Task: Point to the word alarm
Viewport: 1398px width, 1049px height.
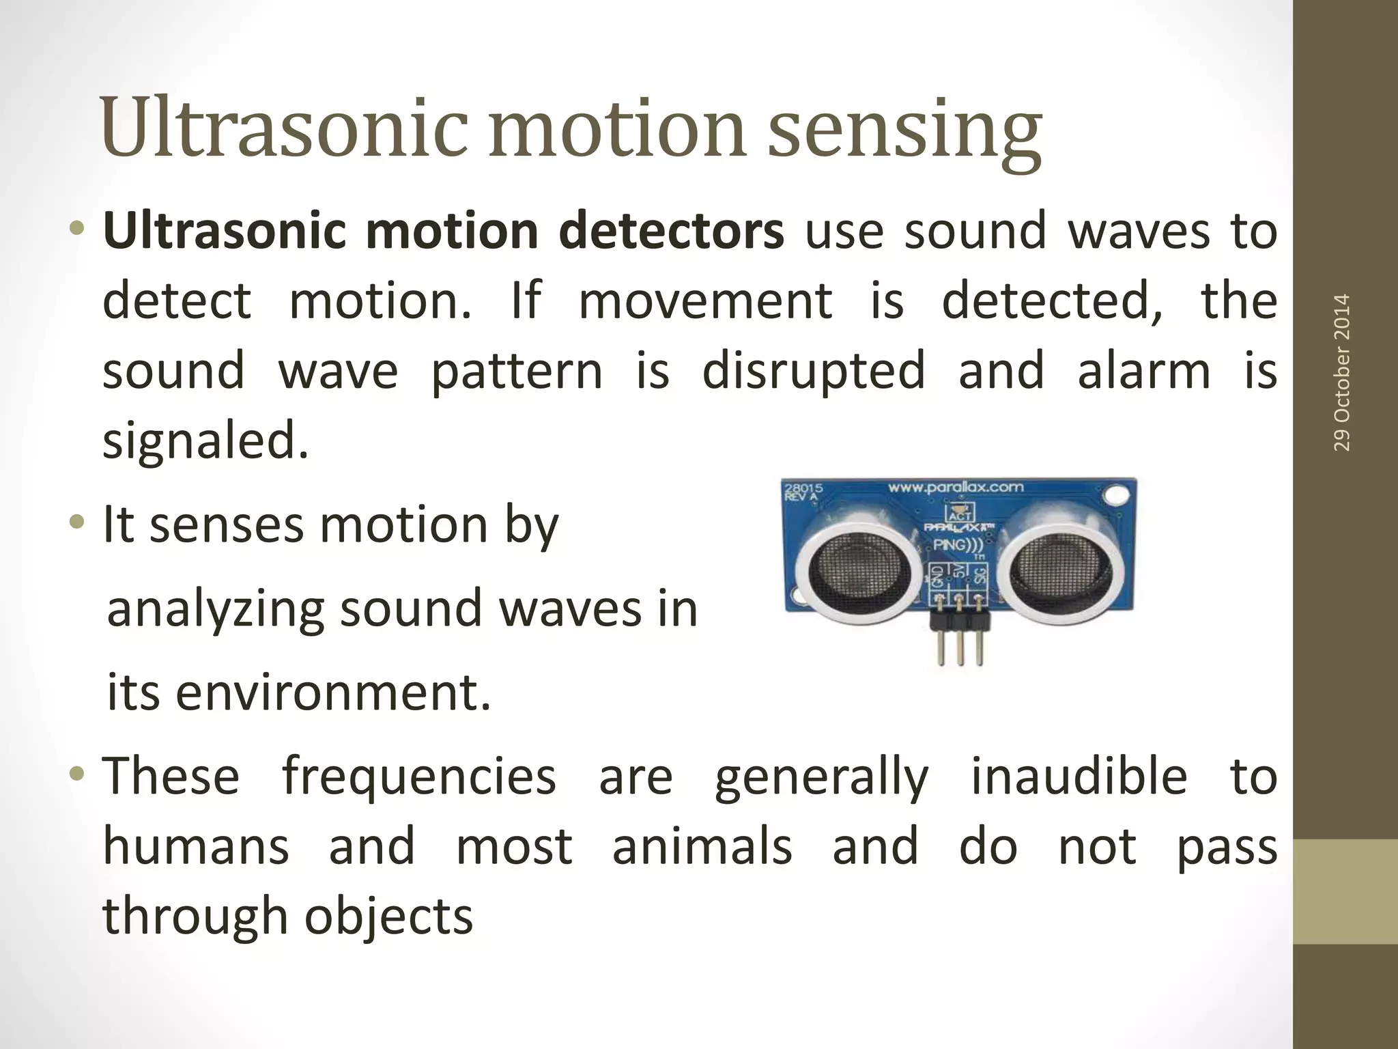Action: point(1143,370)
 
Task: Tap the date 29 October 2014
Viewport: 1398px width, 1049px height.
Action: point(1341,372)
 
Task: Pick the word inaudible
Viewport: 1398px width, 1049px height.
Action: point(1079,777)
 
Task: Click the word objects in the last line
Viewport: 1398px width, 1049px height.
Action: point(388,917)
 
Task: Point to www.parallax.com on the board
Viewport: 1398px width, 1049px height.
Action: point(955,487)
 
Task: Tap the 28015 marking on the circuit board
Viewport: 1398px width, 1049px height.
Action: point(803,489)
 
